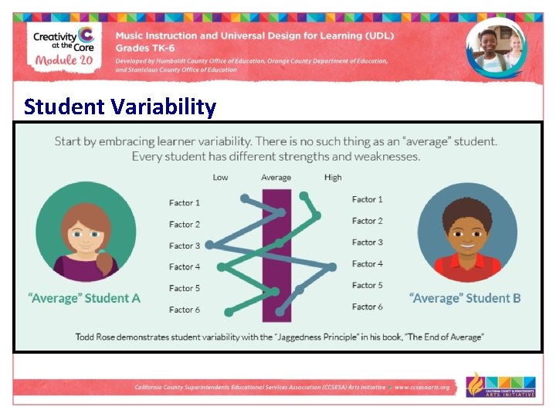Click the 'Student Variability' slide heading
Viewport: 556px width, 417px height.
tap(120, 106)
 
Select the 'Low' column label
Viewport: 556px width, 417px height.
tap(221, 178)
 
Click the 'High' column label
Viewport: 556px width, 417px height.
tap(333, 178)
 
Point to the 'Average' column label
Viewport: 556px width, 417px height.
tap(276, 178)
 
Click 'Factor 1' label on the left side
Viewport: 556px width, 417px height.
tap(185, 203)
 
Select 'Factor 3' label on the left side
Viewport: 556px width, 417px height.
tap(185, 246)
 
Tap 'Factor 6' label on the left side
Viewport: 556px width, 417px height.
tap(185, 310)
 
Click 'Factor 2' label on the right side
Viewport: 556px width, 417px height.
tap(367, 221)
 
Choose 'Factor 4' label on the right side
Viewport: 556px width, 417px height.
tap(367, 264)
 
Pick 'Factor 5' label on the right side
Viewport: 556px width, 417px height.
tap(367, 285)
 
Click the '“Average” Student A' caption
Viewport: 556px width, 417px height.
tap(85, 298)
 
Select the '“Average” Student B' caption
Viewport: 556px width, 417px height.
tap(465, 298)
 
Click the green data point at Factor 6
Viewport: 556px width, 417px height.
tap(229, 312)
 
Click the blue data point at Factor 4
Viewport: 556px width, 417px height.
tap(332, 267)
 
